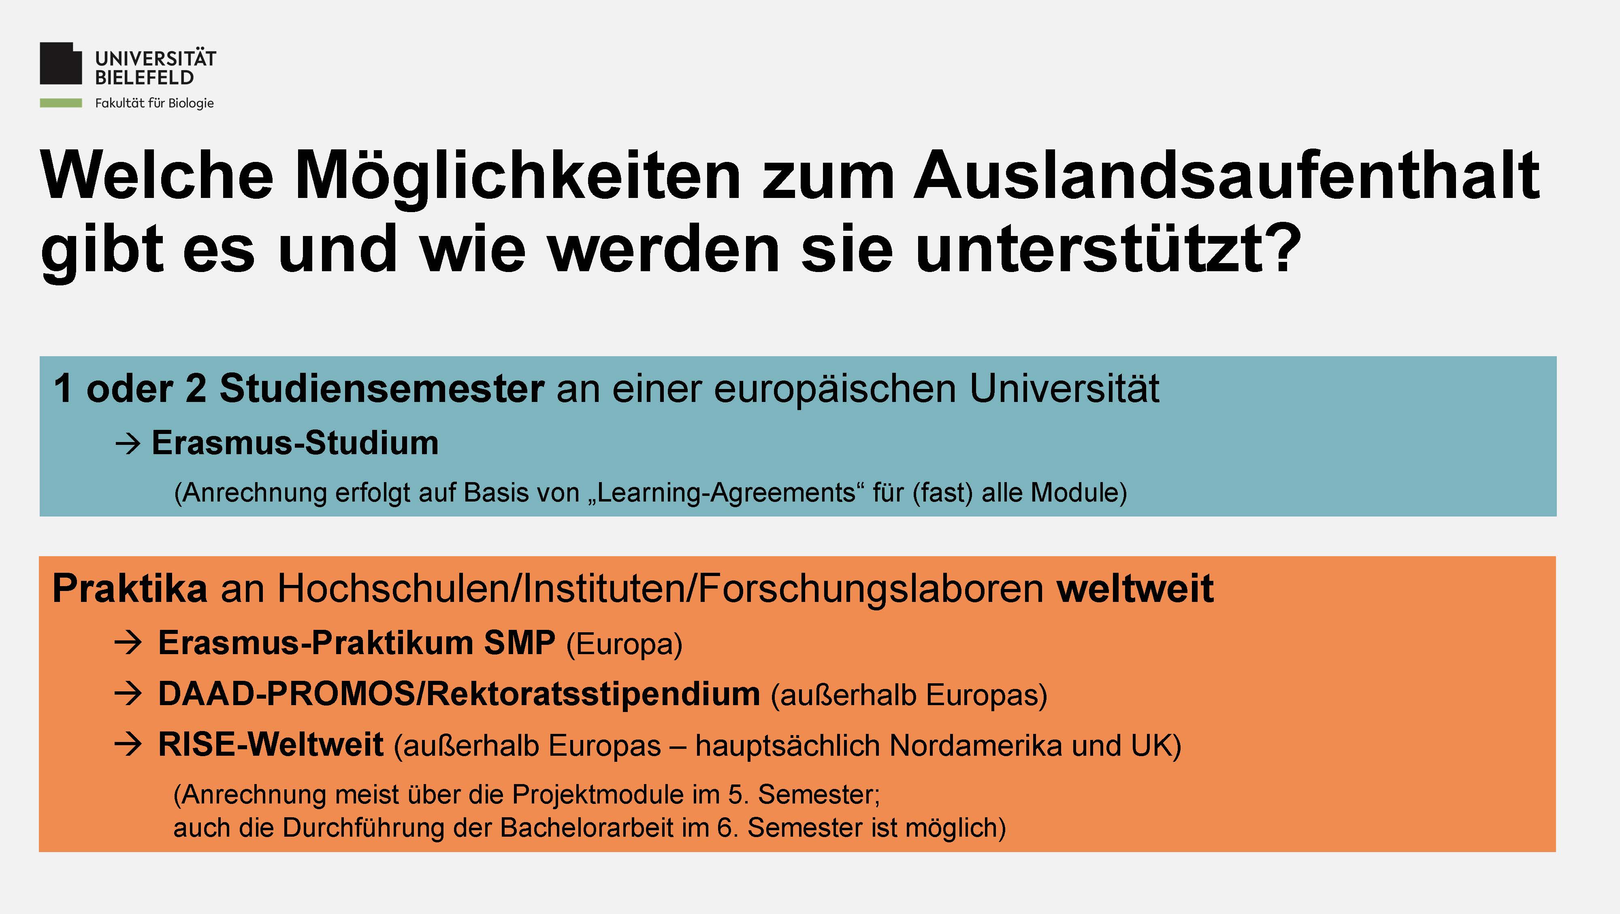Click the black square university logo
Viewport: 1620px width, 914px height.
click(61, 64)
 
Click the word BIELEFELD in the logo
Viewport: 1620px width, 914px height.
click(144, 78)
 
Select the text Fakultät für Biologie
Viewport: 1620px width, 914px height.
click(154, 103)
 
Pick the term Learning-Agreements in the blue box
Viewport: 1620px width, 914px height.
click(726, 493)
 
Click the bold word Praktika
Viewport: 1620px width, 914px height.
click(130, 589)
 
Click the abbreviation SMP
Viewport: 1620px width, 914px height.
click(520, 642)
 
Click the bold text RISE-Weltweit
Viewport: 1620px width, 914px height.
click(271, 745)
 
